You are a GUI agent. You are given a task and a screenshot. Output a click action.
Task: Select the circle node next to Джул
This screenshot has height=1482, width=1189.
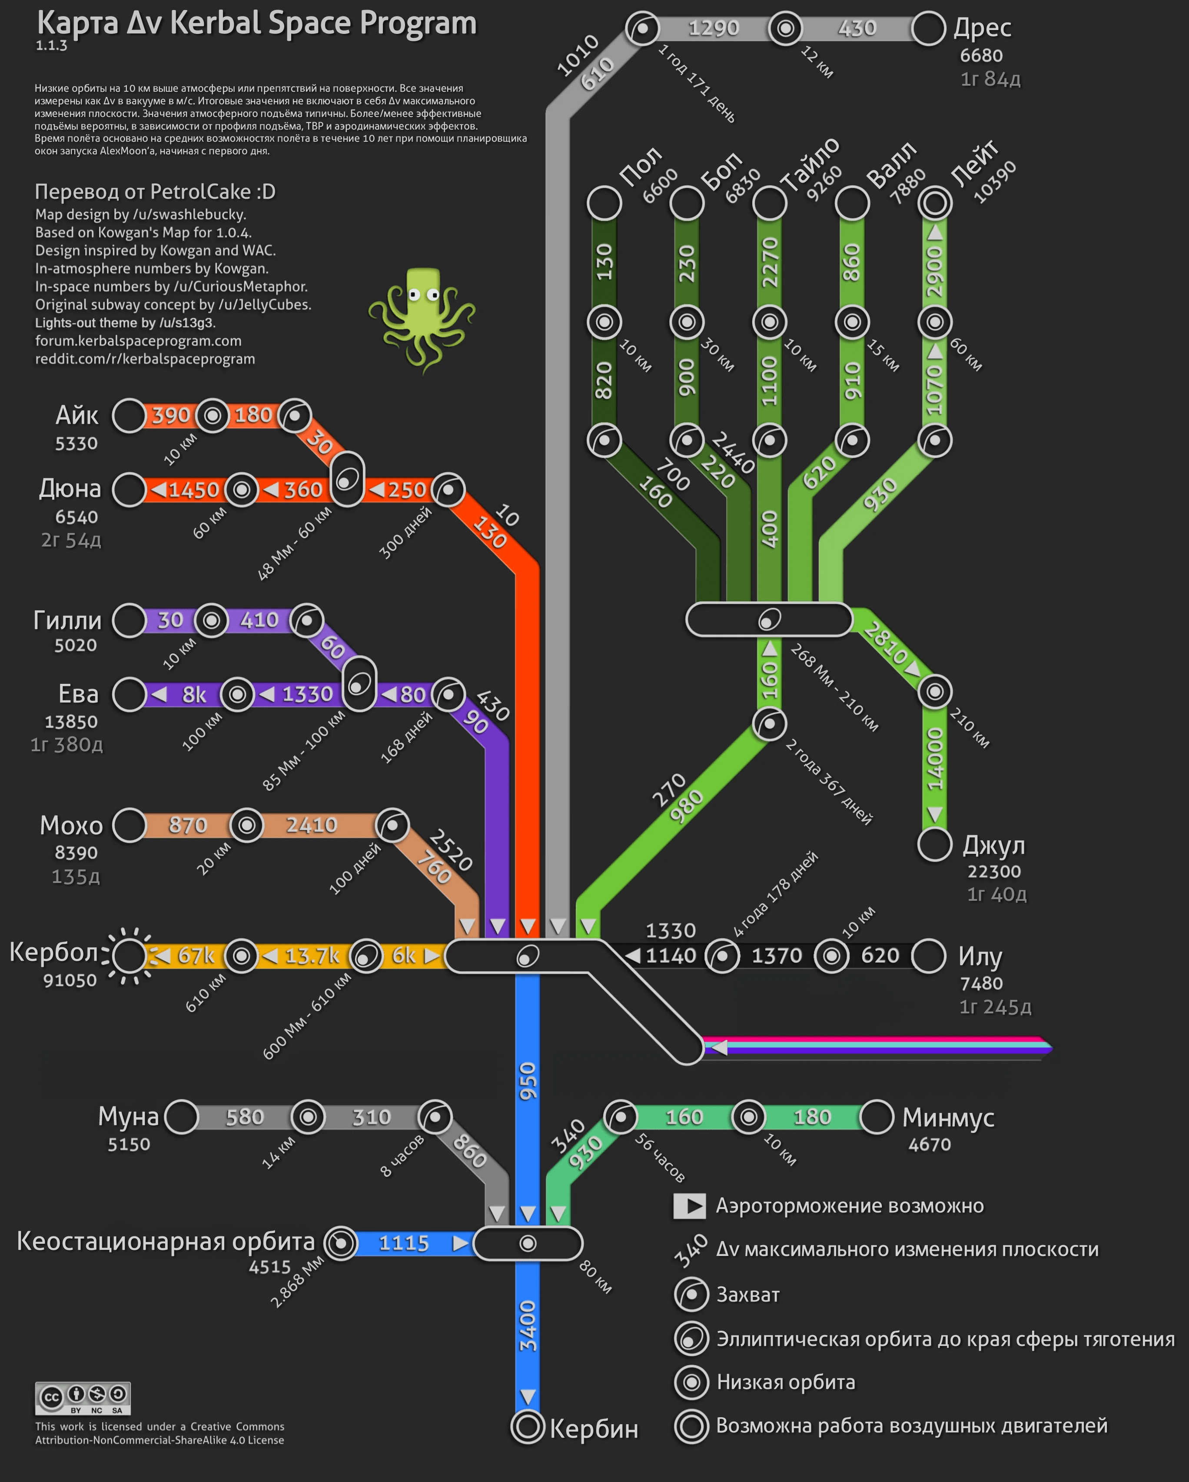[x=935, y=844]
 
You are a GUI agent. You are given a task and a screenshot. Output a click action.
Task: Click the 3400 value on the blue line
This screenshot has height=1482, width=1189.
[x=527, y=1327]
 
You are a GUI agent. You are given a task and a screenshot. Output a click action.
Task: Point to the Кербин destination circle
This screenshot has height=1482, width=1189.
[x=527, y=1428]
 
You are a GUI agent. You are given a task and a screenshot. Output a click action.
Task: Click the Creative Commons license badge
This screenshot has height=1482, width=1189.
[x=83, y=1398]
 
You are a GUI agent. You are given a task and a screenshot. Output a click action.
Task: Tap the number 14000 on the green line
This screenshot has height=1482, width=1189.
[x=935, y=759]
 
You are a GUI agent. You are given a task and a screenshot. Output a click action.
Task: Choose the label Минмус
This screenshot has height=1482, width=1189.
[x=948, y=1117]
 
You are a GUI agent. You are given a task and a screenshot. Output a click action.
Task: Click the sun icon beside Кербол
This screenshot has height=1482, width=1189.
[x=129, y=956]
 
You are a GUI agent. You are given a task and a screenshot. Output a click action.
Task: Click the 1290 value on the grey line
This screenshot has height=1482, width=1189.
[x=714, y=28]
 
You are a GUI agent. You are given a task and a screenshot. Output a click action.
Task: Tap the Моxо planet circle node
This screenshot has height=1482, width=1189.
[x=129, y=825]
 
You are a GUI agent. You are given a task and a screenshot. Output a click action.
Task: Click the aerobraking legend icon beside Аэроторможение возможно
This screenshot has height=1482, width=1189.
[x=689, y=1206]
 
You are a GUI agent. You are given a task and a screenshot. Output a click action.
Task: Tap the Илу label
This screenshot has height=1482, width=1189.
[x=980, y=956]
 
